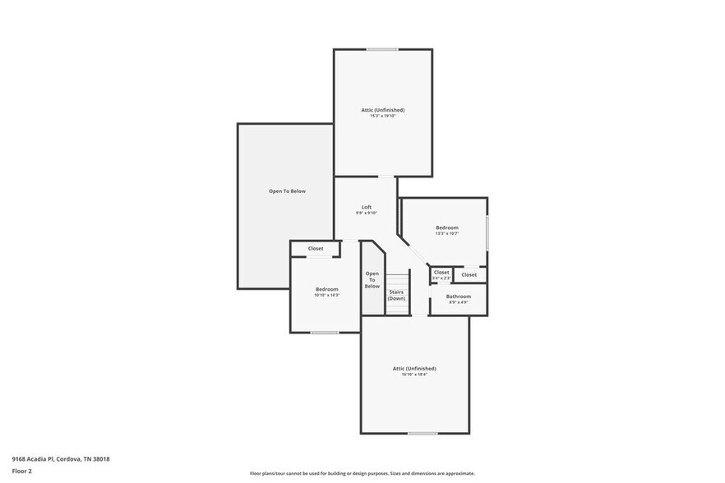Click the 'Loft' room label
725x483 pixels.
367,207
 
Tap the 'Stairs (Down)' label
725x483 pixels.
396,295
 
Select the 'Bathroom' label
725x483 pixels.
459,296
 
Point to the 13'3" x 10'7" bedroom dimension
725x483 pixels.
447,233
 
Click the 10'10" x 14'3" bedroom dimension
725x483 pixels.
326,295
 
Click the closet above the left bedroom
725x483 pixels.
316,248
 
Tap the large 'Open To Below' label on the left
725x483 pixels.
287,191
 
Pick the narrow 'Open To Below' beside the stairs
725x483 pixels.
372,279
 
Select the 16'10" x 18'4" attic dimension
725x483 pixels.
414,375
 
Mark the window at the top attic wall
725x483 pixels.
382,49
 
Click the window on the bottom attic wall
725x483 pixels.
423,433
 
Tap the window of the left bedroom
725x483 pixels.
325,333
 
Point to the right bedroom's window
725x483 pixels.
487,232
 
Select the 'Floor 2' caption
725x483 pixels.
22,471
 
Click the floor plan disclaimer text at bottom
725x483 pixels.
362,473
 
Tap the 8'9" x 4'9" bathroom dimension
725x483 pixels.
459,302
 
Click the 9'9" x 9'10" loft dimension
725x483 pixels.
367,214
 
